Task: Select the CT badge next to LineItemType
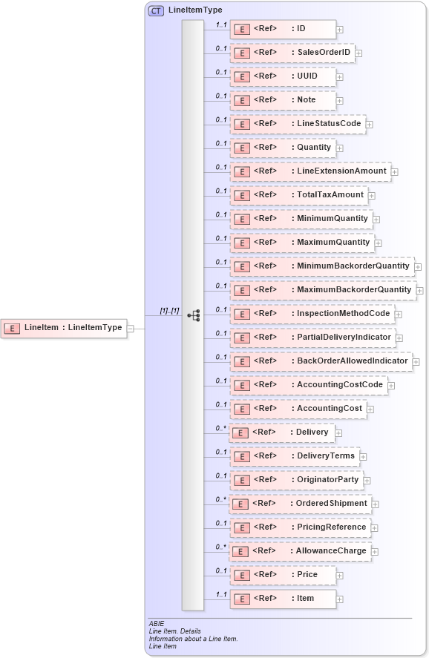pyautogui.click(x=156, y=10)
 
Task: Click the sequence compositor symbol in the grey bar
pyautogui.click(x=193, y=315)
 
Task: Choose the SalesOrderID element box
pyautogui.click(x=292, y=53)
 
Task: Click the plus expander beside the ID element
pyautogui.click(x=340, y=30)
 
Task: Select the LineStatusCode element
pyautogui.click(x=298, y=124)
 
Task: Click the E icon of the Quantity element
pyautogui.click(x=240, y=148)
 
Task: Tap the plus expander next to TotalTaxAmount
pyautogui.click(x=372, y=196)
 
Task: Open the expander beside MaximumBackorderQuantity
pyautogui.click(x=420, y=290)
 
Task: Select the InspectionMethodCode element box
pyautogui.click(x=312, y=314)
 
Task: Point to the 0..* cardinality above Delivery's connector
pyautogui.click(x=220, y=427)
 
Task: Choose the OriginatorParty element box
pyautogui.click(x=296, y=480)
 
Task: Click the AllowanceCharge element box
pyautogui.click(x=301, y=551)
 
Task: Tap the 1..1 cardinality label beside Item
pyautogui.click(x=220, y=594)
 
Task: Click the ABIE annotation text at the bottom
pyautogui.click(x=157, y=624)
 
